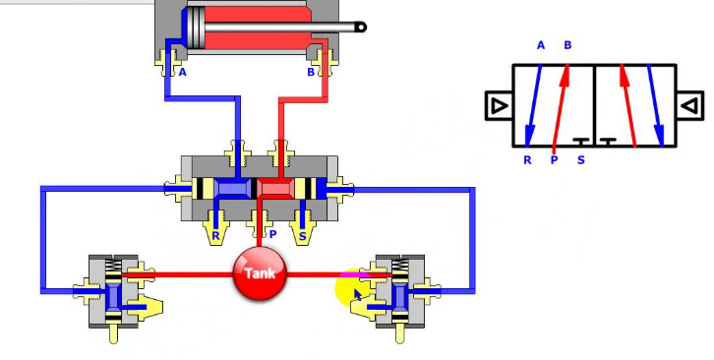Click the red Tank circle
click(260, 272)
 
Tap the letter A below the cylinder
click(182, 72)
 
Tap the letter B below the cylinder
click(311, 72)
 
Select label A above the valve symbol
click(541, 45)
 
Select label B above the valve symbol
click(567, 45)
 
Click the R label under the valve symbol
click(528, 159)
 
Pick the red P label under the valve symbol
click(555, 159)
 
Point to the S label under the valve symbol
click(580, 159)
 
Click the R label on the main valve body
click(216, 235)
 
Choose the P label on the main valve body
click(272, 235)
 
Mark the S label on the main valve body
click(302, 235)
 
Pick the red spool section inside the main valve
click(275, 188)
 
